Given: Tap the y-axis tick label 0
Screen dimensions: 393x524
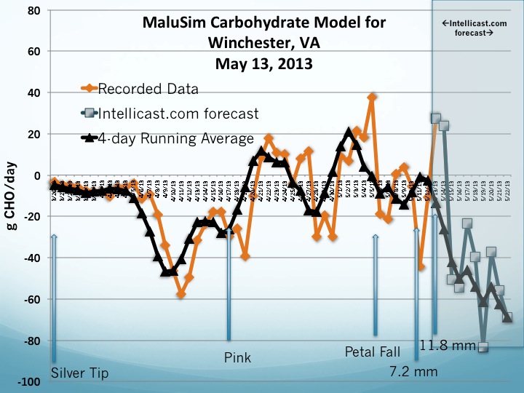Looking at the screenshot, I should tap(38, 176).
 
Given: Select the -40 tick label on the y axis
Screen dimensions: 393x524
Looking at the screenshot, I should tap(32, 258).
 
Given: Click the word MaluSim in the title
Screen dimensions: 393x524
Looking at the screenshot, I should tap(176, 23).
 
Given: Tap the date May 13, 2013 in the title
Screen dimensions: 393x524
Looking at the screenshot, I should tap(263, 63).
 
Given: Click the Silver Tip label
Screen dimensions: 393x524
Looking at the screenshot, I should tap(80, 373).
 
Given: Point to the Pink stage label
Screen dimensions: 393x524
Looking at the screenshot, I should tap(237, 358).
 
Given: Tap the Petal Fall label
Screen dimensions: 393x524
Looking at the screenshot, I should tap(373, 352).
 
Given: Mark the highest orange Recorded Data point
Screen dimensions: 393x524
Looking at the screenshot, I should tap(373, 97).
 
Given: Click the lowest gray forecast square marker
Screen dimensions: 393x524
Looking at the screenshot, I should tap(483, 347).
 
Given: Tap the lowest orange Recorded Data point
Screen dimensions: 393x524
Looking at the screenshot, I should tap(181, 294).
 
